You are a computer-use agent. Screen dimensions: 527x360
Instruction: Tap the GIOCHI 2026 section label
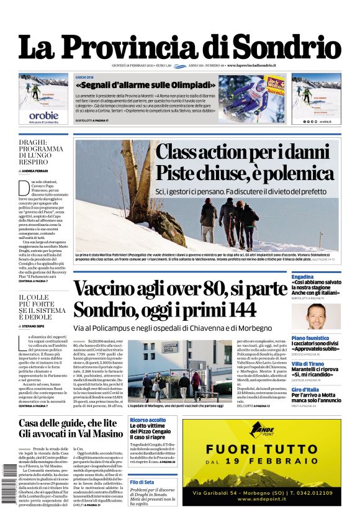click(x=84, y=78)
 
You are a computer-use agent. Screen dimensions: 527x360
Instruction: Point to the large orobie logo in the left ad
click(x=43, y=115)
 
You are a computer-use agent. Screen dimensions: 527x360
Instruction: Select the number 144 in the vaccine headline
click(x=230, y=308)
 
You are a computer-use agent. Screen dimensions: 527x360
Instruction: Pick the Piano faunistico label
click(x=310, y=338)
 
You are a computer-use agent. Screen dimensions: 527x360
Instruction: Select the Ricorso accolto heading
click(x=148, y=420)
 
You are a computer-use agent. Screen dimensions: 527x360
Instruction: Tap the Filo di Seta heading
click(x=142, y=482)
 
